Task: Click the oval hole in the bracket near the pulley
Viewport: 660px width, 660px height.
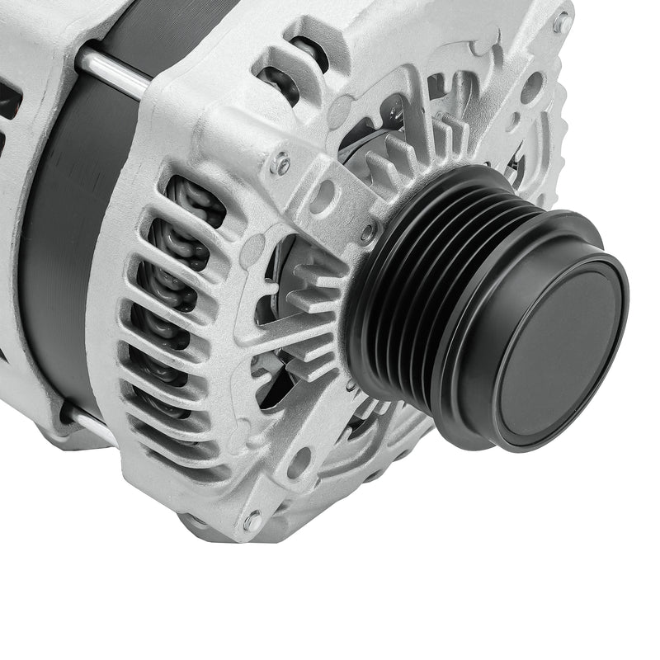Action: pos(323,196)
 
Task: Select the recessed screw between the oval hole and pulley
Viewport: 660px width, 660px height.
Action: pos(368,232)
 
